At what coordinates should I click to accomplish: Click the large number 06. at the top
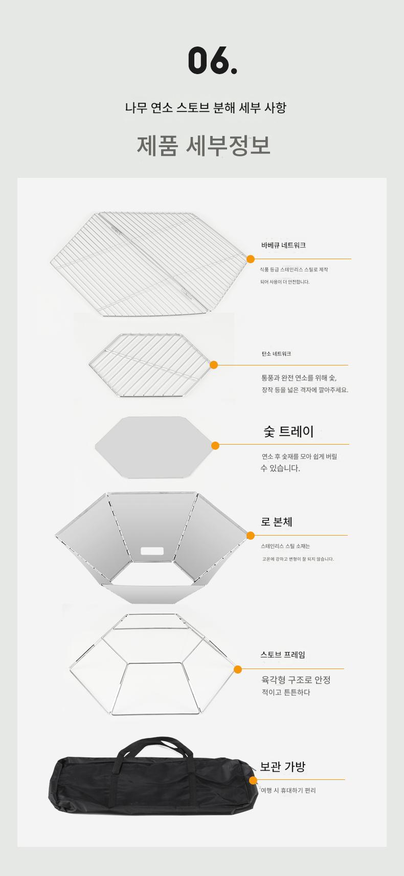213,60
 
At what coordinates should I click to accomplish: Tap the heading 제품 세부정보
204,146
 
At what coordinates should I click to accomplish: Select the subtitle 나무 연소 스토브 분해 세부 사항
206,107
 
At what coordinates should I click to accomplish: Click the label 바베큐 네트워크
283,245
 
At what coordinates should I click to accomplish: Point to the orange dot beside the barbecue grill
251,259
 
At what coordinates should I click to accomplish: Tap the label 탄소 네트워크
276,354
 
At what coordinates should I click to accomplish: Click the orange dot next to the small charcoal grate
214,365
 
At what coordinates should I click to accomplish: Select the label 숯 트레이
289,431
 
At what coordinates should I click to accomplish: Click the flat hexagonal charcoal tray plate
154,447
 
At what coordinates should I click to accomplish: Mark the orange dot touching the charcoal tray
215,446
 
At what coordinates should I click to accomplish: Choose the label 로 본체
277,522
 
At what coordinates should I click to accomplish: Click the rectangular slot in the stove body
152,551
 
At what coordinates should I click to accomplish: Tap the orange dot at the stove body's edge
251,536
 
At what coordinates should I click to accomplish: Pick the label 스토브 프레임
283,655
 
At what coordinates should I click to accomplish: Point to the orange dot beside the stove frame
238,670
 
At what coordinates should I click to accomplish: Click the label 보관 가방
283,767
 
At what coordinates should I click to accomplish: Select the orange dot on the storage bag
253,780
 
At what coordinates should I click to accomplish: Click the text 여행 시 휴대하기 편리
288,790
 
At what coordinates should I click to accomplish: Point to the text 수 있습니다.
280,468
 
